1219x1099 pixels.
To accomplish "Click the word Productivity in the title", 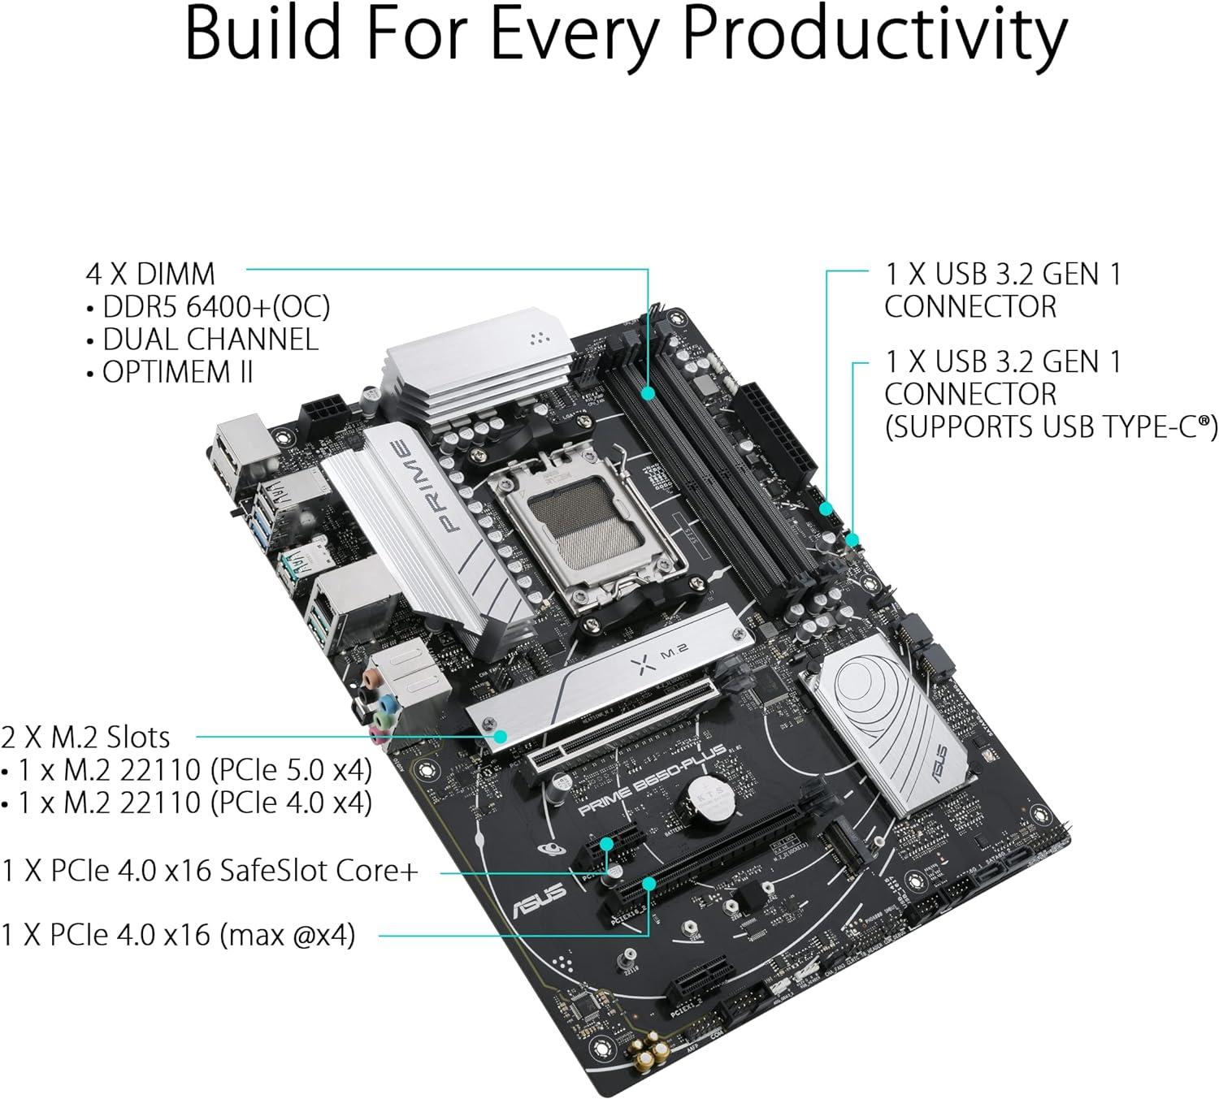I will [x=874, y=34].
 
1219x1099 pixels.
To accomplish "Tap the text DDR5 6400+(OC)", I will [x=216, y=306].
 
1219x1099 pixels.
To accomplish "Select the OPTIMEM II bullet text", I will [x=178, y=372].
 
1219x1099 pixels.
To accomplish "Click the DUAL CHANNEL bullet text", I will [x=210, y=340].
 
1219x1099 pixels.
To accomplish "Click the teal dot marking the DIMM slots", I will [x=648, y=393].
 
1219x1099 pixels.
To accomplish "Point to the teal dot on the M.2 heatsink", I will [x=501, y=737].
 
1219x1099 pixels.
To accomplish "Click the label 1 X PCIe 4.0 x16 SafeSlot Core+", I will [x=210, y=871].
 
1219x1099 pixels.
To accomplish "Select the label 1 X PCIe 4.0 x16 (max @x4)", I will [x=178, y=935].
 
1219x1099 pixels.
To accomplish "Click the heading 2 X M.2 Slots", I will [x=86, y=738].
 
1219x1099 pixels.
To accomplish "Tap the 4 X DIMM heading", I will [x=150, y=274].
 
